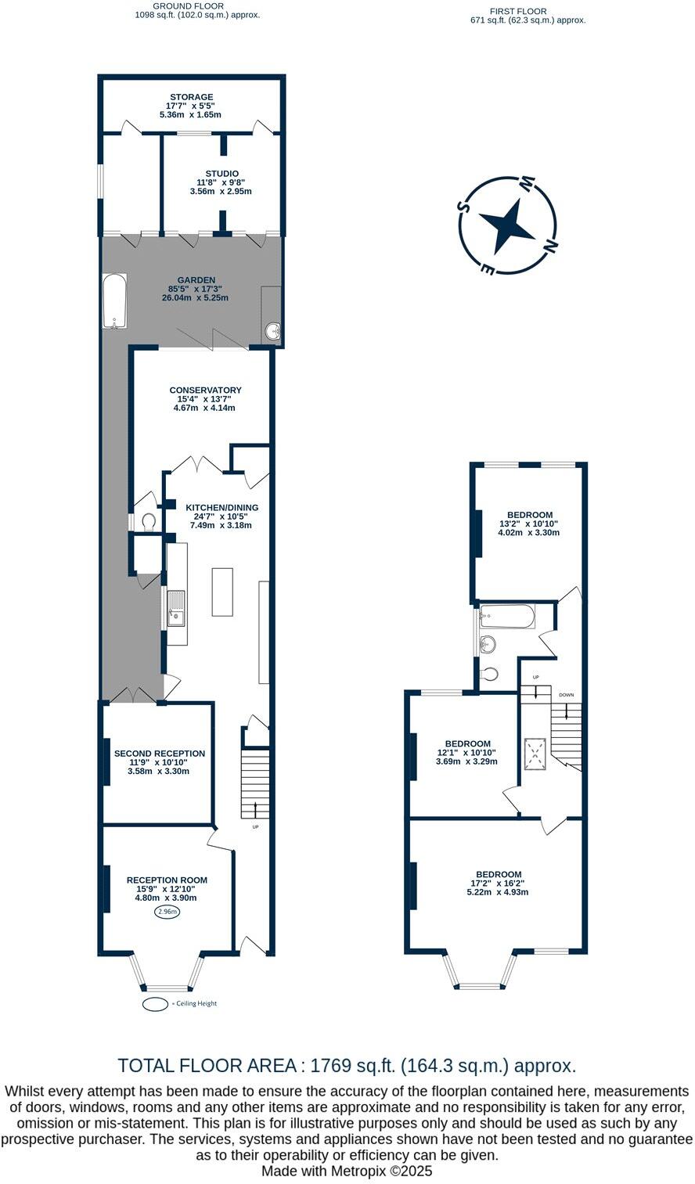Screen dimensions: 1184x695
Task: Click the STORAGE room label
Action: (x=193, y=97)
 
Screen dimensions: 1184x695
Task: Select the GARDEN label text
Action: (x=196, y=280)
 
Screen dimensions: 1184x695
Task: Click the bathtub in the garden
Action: (x=114, y=301)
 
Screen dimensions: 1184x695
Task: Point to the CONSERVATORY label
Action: (x=205, y=390)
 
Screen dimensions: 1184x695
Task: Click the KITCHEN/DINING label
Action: (x=221, y=507)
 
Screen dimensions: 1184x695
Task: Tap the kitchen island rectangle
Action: (x=222, y=592)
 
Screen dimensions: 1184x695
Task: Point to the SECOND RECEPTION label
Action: (x=160, y=754)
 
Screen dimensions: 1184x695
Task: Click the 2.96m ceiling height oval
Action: (x=167, y=912)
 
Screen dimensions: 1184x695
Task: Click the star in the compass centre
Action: (x=510, y=225)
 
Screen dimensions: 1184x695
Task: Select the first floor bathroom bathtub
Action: (x=507, y=617)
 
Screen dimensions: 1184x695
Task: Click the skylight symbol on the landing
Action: (x=535, y=754)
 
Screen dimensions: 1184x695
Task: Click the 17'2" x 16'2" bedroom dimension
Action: (x=499, y=884)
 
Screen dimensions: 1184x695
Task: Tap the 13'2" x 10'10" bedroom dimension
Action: (x=528, y=524)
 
